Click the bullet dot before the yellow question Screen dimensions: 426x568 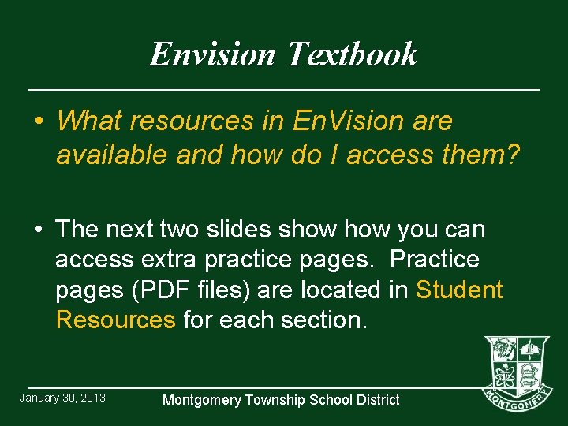[37, 121]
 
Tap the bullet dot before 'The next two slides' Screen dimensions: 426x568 [37, 230]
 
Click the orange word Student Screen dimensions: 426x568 [458, 290]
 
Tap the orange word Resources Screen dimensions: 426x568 [115, 319]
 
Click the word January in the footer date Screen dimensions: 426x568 [41, 398]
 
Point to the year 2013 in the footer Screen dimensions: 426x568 [92, 398]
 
